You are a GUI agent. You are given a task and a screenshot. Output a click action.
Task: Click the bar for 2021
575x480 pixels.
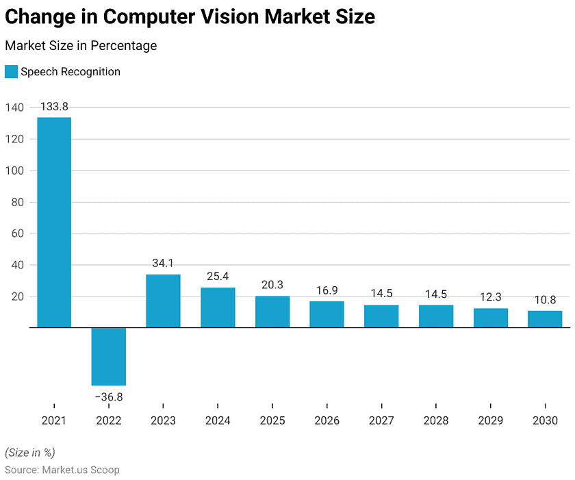click(x=54, y=223)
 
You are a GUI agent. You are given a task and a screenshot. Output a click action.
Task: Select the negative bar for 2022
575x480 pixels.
click(x=108, y=356)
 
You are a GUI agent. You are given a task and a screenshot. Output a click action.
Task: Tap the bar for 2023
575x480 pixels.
click(x=163, y=301)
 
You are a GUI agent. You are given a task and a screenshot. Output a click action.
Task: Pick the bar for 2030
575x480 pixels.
click(x=545, y=319)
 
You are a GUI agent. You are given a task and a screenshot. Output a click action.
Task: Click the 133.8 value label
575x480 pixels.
click(x=54, y=107)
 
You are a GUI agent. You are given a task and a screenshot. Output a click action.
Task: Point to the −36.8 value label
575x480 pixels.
click(x=108, y=397)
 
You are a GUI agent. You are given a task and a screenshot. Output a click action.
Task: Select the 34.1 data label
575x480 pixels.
click(x=163, y=263)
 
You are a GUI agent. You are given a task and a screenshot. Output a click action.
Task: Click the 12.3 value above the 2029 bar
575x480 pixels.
click(x=490, y=297)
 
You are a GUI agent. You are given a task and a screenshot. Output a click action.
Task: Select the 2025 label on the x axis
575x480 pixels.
click(x=272, y=420)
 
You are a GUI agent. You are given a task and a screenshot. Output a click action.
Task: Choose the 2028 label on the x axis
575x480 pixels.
click(x=436, y=420)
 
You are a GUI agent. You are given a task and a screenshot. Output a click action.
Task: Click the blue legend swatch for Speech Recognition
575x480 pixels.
click(x=11, y=72)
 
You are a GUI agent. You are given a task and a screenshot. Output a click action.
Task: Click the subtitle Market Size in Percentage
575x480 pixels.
click(x=81, y=46)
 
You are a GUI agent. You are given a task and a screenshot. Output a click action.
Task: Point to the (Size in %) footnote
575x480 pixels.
click(x=30, y=453)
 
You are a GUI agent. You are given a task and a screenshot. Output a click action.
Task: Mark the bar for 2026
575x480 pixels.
click(x=327, y=314)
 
